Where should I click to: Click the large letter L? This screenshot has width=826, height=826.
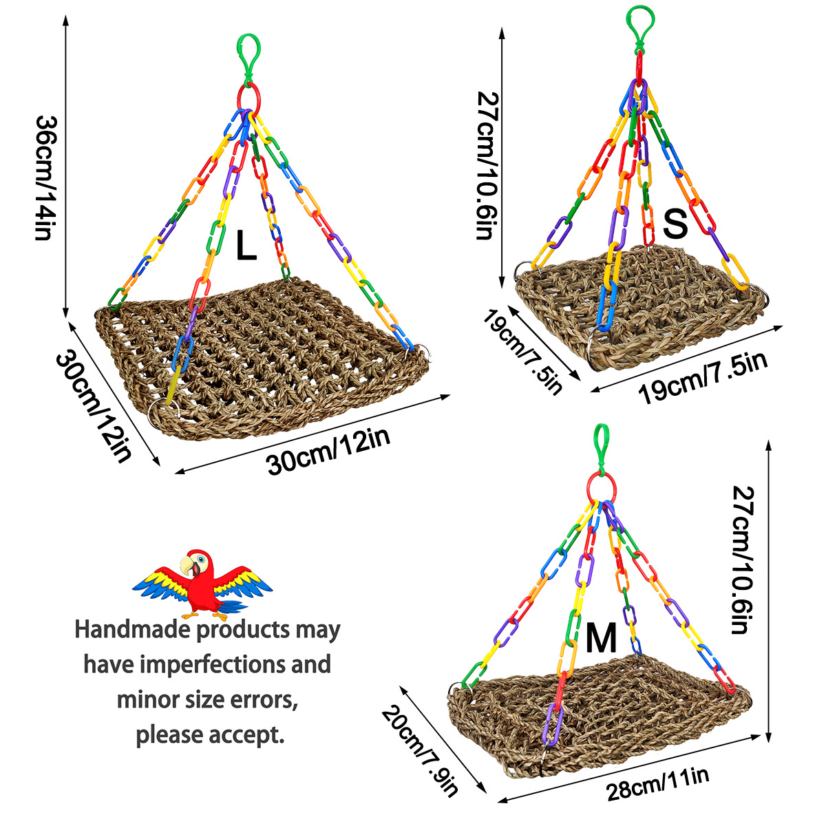click(246, 246)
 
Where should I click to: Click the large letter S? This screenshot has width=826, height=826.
click(675, 224)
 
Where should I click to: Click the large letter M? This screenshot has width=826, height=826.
click(601, 638)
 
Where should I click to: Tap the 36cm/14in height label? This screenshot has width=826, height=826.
click(43, 178)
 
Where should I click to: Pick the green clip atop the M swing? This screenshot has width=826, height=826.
click(602, 445)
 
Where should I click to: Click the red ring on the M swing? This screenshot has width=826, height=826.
click(601, 485)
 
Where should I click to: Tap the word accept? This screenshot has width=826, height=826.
click(250, 734)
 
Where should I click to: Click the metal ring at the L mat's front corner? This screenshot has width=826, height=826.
click(163, 412)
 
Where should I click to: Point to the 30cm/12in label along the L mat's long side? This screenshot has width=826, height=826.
click(328, 450)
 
